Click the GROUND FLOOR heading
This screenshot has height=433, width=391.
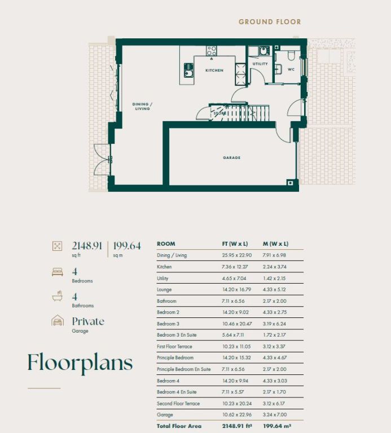pos(270,22)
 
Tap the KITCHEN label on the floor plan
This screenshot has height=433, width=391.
pos(214,70)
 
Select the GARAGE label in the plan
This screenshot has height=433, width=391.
pos(231,158)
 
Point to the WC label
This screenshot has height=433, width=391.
pos(291,69)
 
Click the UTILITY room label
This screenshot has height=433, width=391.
pos(260,64)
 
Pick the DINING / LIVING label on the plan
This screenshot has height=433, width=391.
pos(142,107)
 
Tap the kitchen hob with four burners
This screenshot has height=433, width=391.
pos(212,51)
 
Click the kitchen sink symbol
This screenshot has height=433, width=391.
pos(189,70)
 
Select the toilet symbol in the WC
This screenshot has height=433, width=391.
pos(291,55)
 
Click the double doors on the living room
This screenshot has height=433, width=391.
pos(103,160)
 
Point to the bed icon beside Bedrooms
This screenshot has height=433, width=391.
pos(58,272)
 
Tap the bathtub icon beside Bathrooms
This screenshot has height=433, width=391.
pos(58,296)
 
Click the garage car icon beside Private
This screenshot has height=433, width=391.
pos(58,321)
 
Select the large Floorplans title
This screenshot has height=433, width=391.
pos(80,363)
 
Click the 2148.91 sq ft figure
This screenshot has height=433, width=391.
pos(87,249)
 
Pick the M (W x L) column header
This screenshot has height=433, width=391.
pos(275,244)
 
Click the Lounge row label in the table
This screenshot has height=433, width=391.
pos(164,290)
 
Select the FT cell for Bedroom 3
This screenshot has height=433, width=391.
pos(237,324)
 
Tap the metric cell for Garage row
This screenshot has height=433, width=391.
pos(275,414)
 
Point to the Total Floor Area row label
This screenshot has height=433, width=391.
pos(179,426)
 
